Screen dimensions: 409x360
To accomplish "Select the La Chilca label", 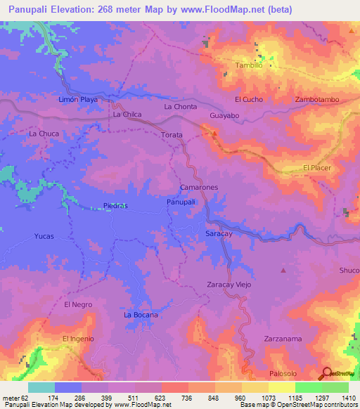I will coord(127,114).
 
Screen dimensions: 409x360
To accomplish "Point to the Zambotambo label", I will coord(318,100).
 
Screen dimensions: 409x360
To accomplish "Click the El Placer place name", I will coord(316,167).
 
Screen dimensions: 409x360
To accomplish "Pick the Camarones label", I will coord(199,188).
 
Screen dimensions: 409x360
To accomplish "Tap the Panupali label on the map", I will coord(181,202).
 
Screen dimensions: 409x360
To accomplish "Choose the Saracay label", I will coord(219,233).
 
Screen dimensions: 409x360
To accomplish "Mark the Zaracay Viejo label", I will coord(229,285).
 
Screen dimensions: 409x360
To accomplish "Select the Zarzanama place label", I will coord(283,339).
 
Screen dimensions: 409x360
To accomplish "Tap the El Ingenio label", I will coord(78,339).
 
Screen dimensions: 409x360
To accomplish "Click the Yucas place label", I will coord(44,236).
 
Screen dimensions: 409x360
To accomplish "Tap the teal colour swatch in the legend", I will coord(41,387).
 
